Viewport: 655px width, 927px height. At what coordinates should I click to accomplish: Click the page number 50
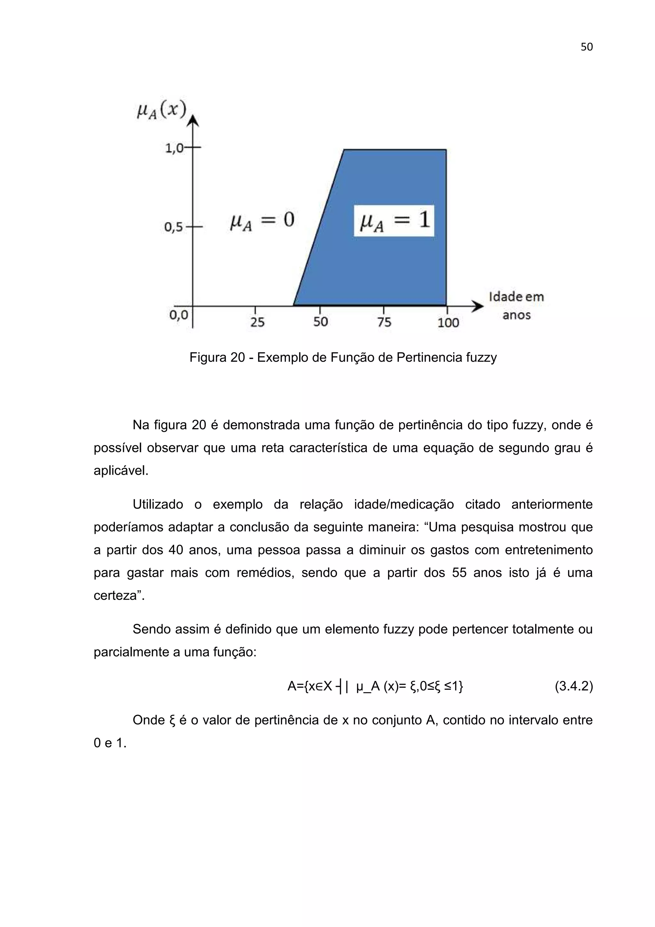pos(586,47)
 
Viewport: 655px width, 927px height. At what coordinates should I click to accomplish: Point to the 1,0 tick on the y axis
pos(174,148)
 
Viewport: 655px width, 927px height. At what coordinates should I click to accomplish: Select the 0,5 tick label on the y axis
pos(174,227)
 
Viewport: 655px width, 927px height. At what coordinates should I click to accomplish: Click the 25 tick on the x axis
pos(257,322)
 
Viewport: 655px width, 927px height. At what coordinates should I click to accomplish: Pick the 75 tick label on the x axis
pos(384,322)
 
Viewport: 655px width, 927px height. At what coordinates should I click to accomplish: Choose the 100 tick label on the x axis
pos(448,322)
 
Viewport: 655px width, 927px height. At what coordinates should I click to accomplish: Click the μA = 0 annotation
pos(262,221)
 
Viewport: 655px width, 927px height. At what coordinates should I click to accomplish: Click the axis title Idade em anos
pos(516,305)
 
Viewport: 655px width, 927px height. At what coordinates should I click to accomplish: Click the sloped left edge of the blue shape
pos(319,227)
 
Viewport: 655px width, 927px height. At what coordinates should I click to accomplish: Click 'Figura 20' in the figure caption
pos(217,358)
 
